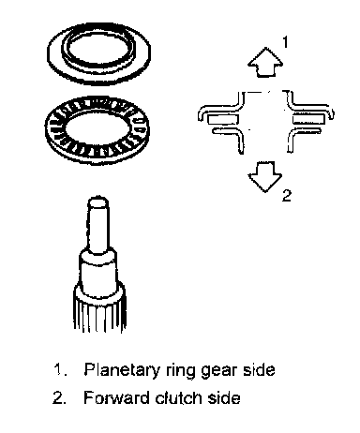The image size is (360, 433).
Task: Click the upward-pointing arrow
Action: point(265,63)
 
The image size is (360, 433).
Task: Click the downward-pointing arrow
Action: point(265,176)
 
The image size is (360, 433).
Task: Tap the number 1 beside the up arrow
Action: point(285,42)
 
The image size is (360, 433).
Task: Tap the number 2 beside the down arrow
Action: point(287,195)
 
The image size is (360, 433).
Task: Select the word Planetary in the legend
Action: point(122,370)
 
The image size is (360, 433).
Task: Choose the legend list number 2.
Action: point(59,397)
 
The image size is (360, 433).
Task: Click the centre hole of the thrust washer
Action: point(97,49)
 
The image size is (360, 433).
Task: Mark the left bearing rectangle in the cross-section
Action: point(223,119)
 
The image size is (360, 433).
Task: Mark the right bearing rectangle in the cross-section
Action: point(308,119)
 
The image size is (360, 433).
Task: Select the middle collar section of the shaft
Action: point(98,269)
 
